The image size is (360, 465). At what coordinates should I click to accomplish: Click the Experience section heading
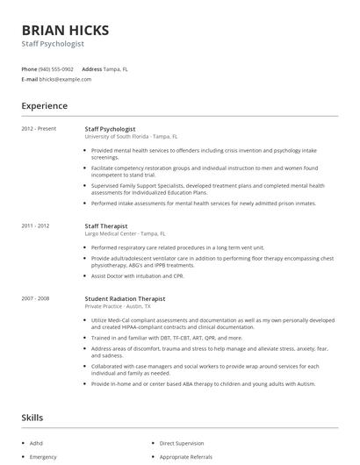44,106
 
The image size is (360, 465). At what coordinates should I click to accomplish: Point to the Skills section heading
32,418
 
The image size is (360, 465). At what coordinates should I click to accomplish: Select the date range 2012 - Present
39,129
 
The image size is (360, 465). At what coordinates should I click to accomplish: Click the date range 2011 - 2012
37,225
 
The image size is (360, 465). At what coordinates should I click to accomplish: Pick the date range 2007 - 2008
37,298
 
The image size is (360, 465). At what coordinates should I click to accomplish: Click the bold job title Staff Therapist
107,225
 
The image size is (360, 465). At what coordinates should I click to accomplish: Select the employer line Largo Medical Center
124,233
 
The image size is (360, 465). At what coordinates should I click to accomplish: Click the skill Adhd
36,444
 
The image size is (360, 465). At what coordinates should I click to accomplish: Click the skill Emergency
43,457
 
